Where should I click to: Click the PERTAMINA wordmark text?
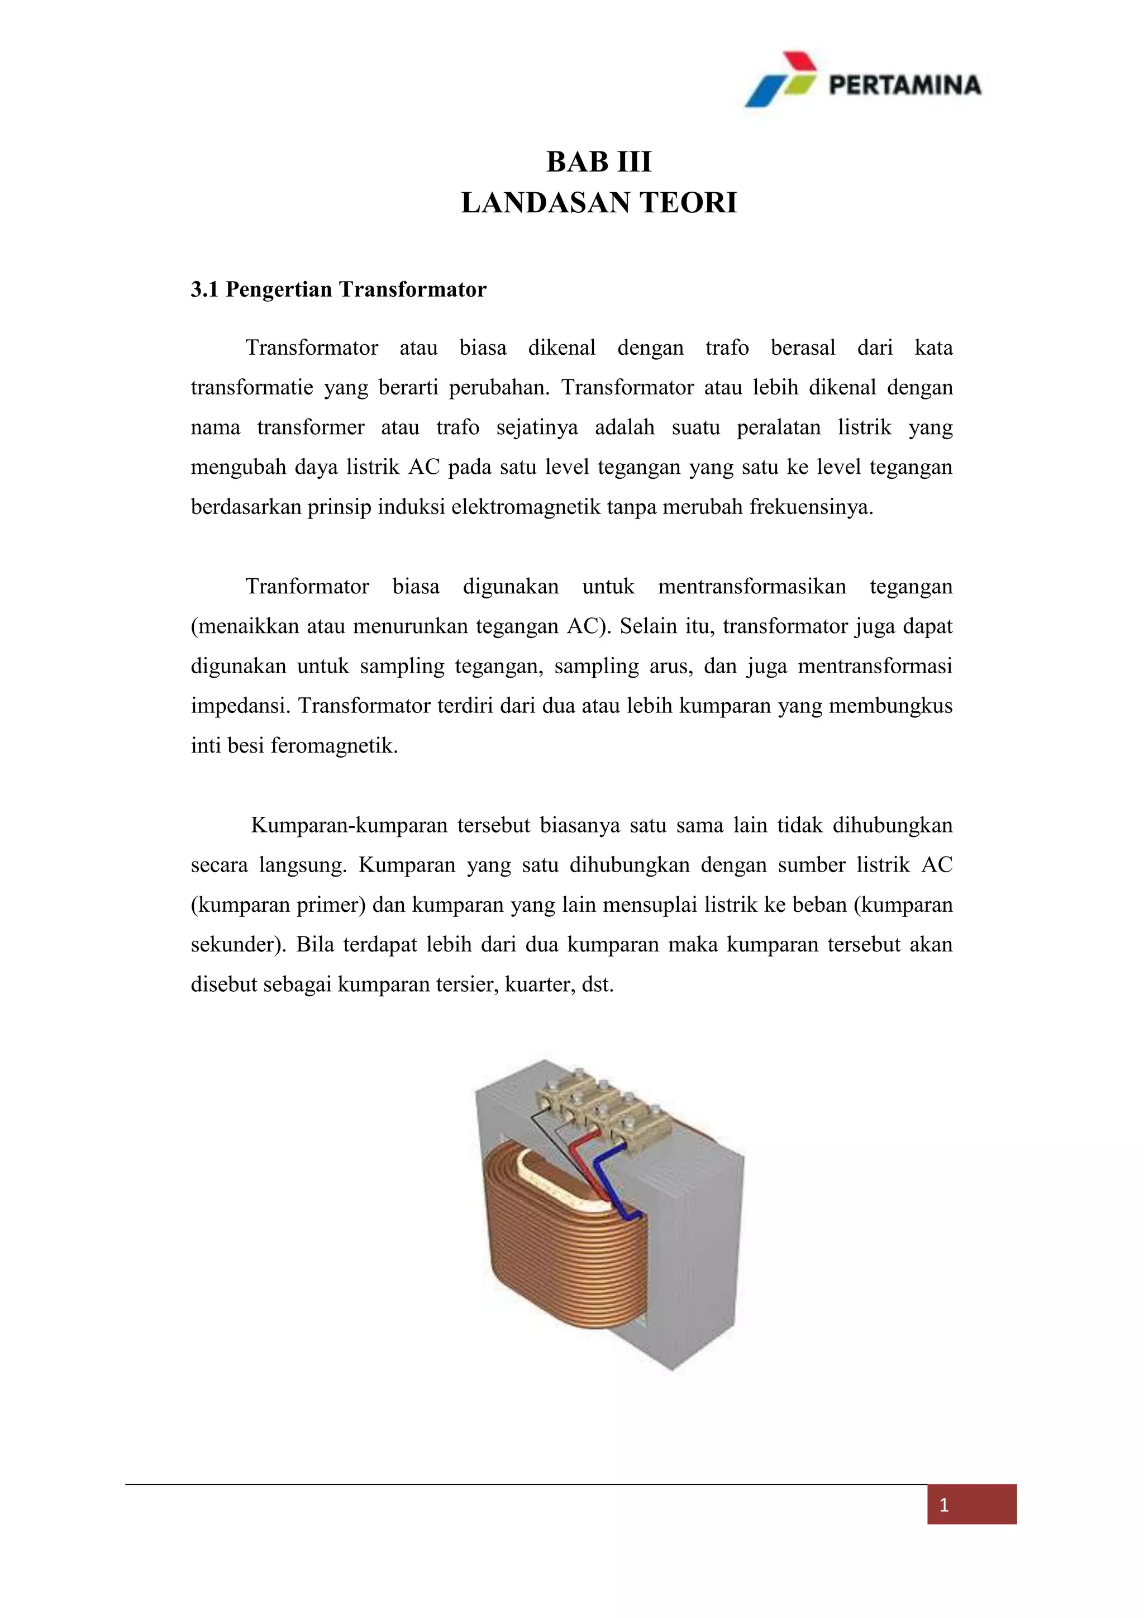click(904, 85)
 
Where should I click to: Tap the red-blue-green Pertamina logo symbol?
click(780, 79)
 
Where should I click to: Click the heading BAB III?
click(599, 162)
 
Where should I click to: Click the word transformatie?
click(251, 388)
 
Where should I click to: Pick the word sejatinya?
click(537, 428)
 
